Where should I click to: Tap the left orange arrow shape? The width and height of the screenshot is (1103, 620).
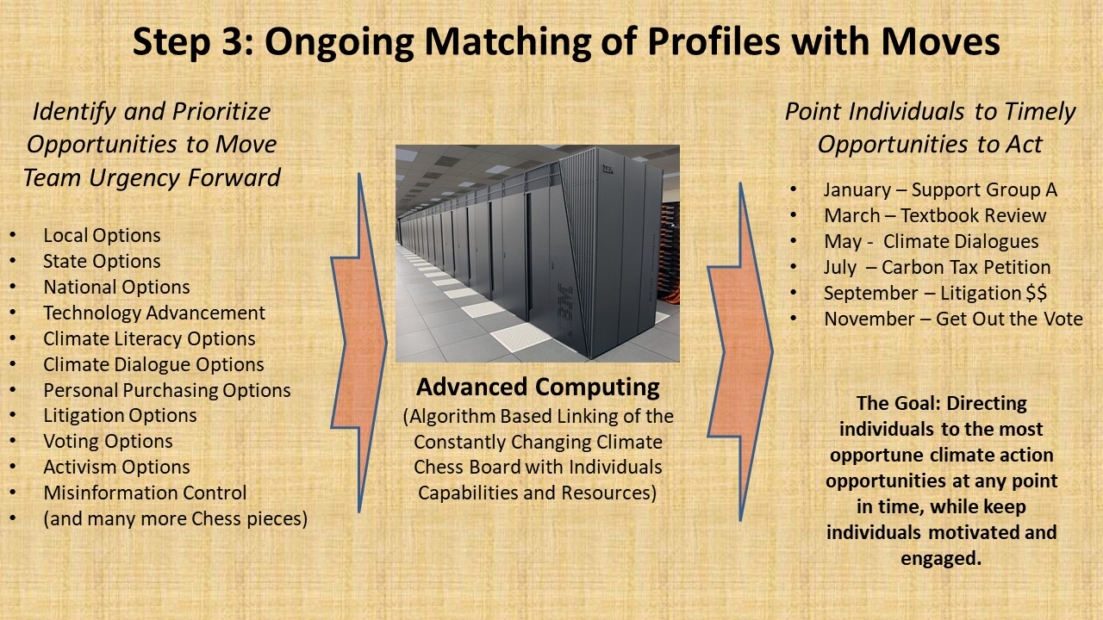click(359, 343)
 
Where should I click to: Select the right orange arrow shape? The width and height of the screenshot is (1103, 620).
click(740, 351)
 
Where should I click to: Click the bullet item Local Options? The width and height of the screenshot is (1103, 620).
click(102, 235)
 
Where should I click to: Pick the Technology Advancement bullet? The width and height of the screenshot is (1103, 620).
click(154, 313)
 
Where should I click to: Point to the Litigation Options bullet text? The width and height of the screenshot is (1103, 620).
click(120, 415)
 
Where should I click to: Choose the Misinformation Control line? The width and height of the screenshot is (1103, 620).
click(145, 493)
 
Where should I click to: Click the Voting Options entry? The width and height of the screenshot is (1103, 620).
click(108, 442)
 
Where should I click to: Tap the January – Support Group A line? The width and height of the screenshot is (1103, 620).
click(940, 190)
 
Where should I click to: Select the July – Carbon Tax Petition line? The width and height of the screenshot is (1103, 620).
click(937, 267)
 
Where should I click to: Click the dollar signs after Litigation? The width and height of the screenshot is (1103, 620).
click(1037, 294)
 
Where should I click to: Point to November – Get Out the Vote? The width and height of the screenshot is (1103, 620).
click(953, 319)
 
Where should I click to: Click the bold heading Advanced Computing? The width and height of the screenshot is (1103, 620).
click(538, 387)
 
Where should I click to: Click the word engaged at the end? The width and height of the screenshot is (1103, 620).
click(941, 559)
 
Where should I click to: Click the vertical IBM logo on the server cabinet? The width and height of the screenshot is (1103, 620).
click(565, 310)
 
